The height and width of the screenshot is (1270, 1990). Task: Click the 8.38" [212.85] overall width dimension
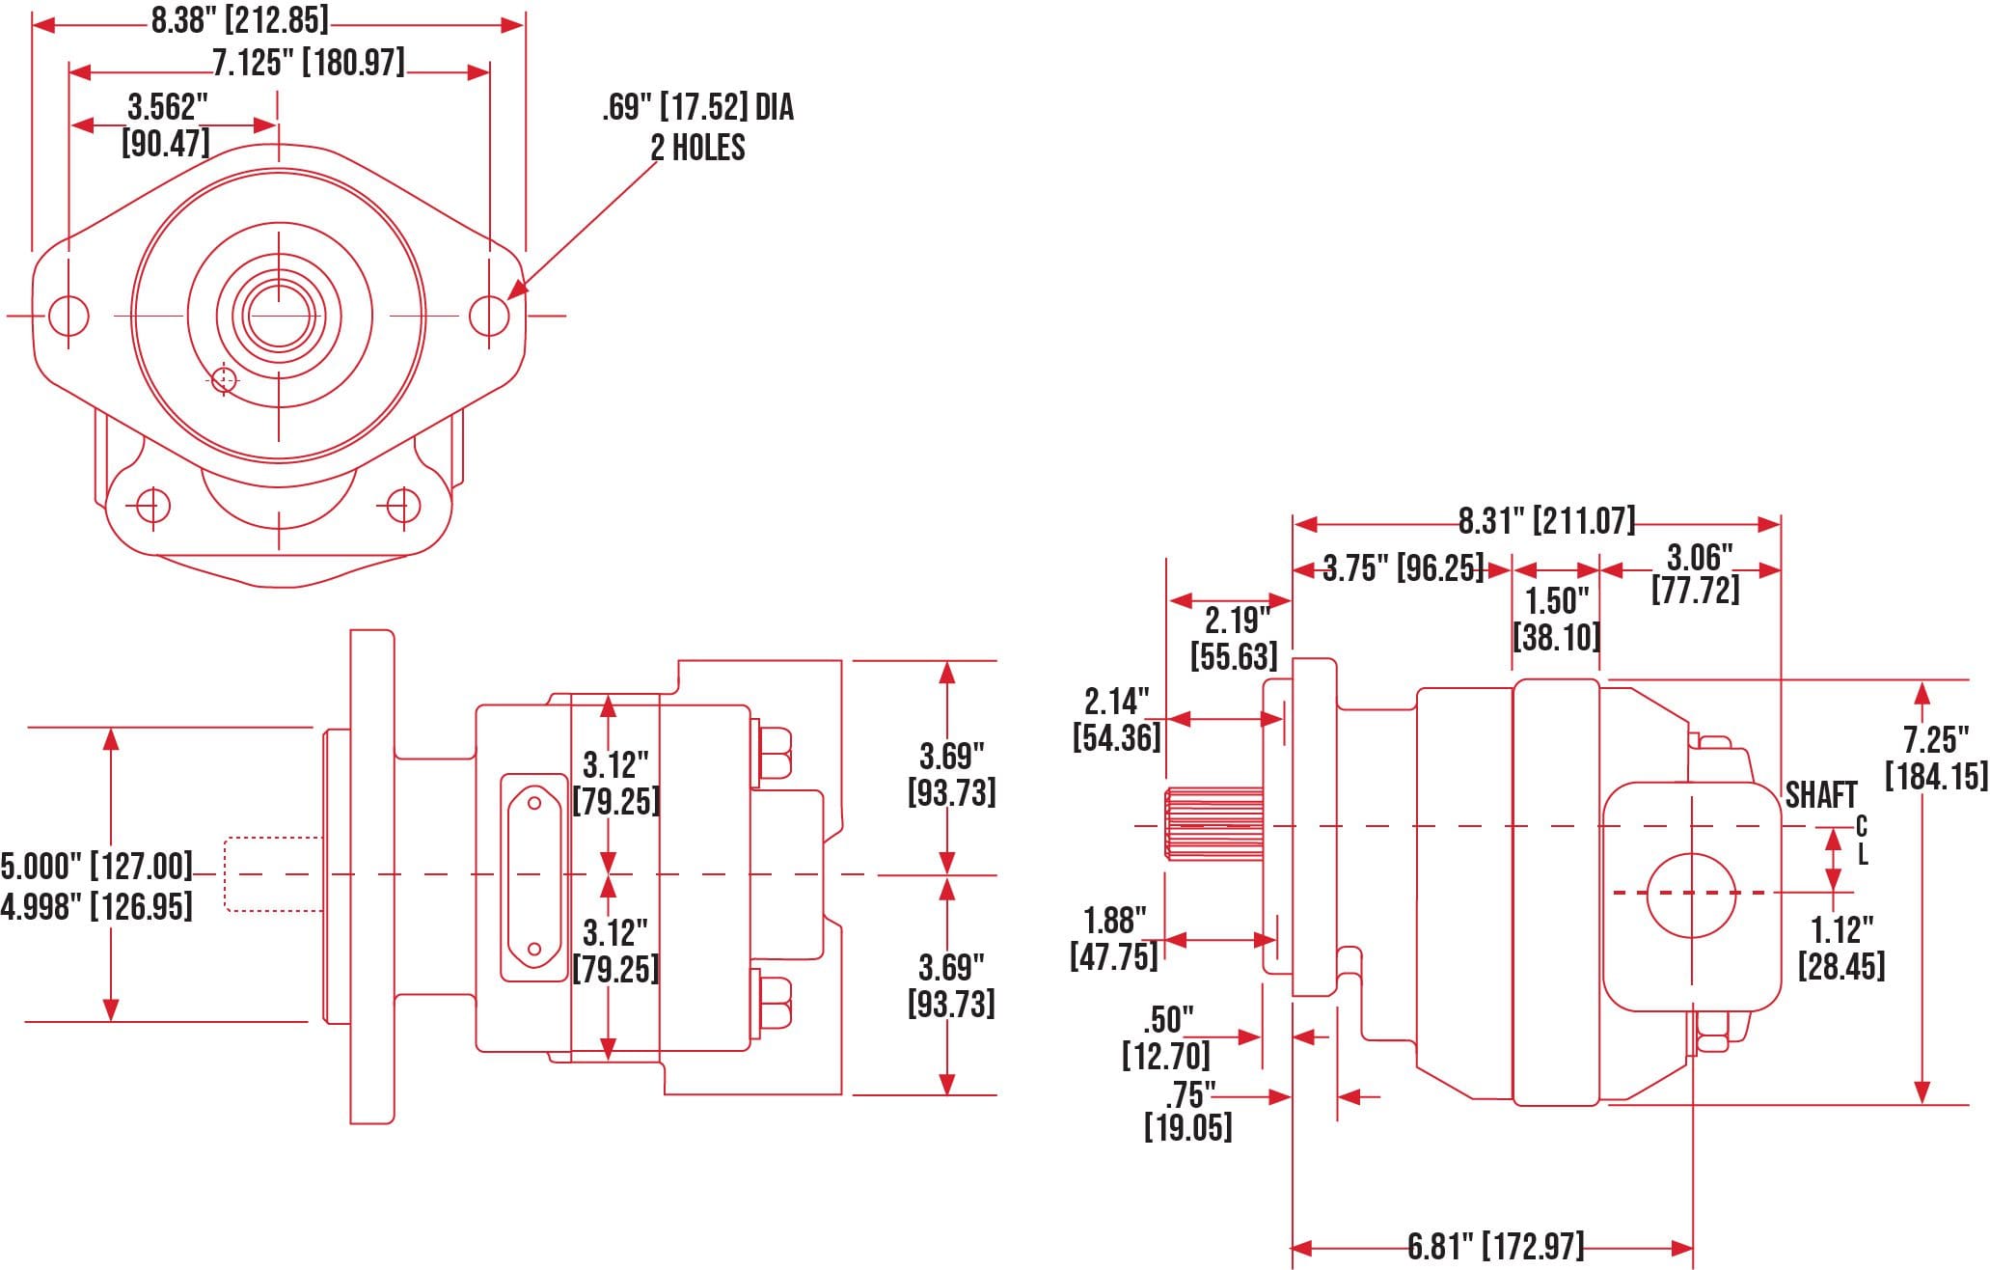(239, 20)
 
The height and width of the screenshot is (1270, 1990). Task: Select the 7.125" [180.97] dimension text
(308, 63)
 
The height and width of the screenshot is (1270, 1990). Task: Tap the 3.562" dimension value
(168, 106)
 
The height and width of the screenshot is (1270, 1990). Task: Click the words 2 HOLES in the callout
(697, 148)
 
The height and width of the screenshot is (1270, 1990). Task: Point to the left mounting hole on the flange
(68, 315)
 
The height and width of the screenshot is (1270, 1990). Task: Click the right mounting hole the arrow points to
(489, 315)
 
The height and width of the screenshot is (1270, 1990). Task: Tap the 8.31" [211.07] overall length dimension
(1546, 521)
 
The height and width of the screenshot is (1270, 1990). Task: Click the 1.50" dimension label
(1556, 601)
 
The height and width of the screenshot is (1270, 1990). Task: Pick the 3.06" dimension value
(1700, 557)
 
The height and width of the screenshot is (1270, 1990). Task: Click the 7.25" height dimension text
(1935, 740)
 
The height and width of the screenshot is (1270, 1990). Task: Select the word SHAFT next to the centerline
(1820, 795)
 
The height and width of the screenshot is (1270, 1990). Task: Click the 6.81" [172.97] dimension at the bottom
(1495, 1246)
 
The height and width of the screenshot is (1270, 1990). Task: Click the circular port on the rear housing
(1691, 895)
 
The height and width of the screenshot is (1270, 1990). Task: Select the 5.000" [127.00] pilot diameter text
(96, 866)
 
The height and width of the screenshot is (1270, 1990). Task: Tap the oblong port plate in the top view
(533, 877)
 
